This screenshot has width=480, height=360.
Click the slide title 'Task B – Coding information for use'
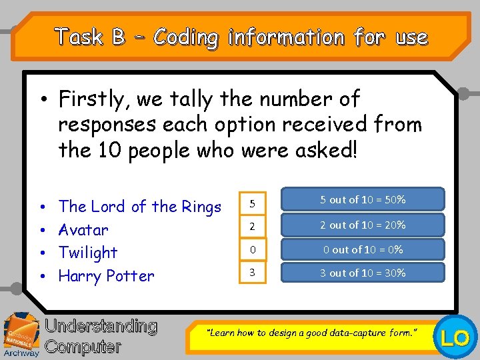coord(241,37)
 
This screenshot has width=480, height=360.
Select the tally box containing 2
coord(253,226)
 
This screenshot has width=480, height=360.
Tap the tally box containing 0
coord(253,249)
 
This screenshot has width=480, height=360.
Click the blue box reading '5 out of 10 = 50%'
coord(363,199)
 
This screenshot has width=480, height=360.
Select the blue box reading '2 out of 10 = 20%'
coord(363,225)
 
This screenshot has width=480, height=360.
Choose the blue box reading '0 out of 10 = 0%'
coord(363,249)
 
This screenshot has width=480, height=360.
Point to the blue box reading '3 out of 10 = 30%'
coord(363,273)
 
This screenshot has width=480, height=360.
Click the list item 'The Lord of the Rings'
coord(140,207)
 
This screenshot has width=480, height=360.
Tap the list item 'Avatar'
coord(83,230)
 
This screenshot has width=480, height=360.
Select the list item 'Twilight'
coord(88,253)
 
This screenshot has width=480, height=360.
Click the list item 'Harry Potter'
coord(107,276)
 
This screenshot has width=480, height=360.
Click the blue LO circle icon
coord(457,338)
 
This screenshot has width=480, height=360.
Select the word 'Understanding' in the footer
coord(101,326)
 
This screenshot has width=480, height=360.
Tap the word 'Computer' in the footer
coord(83,347)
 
